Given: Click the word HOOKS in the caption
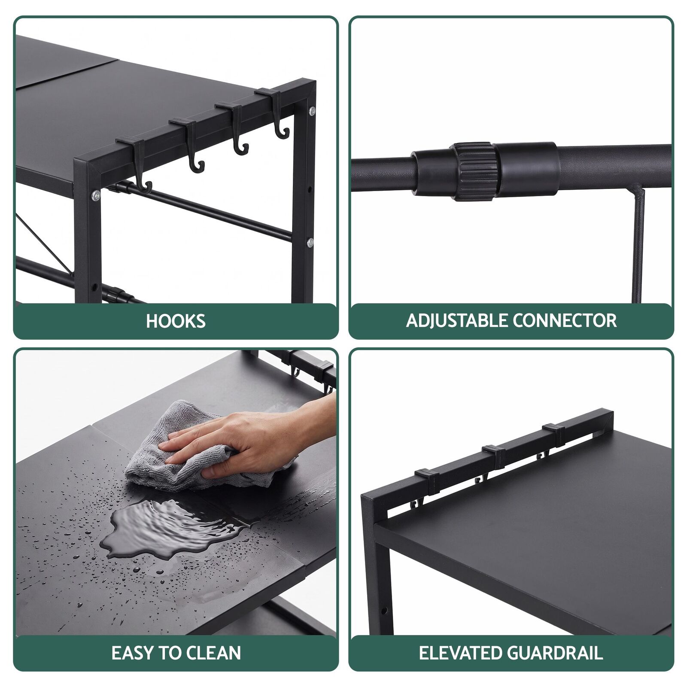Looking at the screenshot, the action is tap(176, 321).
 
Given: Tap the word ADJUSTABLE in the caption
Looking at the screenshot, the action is tap(457, 321).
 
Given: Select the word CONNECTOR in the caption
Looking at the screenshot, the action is tap(564, 321).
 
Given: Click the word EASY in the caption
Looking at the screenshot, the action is tap(133, 653).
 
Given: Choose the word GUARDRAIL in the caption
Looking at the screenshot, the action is tap(555, 653).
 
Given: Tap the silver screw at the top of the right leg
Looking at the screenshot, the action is tap(312, 111).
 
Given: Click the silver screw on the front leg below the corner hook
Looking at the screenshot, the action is tap(95, 196).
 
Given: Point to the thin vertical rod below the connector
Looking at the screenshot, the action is tap(639, 245).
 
